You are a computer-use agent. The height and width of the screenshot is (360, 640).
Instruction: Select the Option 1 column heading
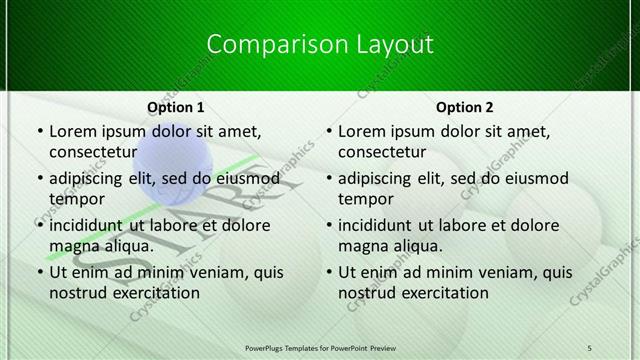pyautogui.click(x=176, y=107)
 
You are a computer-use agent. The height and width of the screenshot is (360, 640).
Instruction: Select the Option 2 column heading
pyautogui.click(x=465, y=107)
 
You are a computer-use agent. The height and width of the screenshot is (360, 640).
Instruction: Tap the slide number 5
pyautogui.click(x=589, y=347)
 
